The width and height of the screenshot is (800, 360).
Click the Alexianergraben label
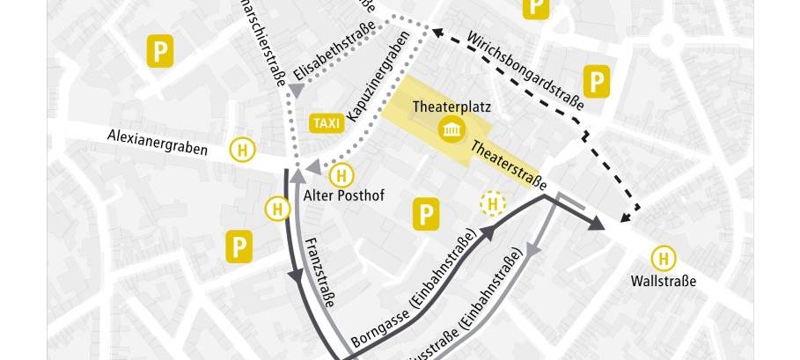click(x=158, y=142)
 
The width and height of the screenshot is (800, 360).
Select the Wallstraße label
click(x=663, y=282)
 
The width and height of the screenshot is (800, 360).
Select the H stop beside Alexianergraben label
click(x=240, y=150)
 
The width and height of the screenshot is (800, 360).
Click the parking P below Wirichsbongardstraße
click(x=598, y=83)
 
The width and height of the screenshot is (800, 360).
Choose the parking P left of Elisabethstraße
click(x=159, y=51)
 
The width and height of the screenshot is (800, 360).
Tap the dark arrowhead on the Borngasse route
click(x=486, y=230)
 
